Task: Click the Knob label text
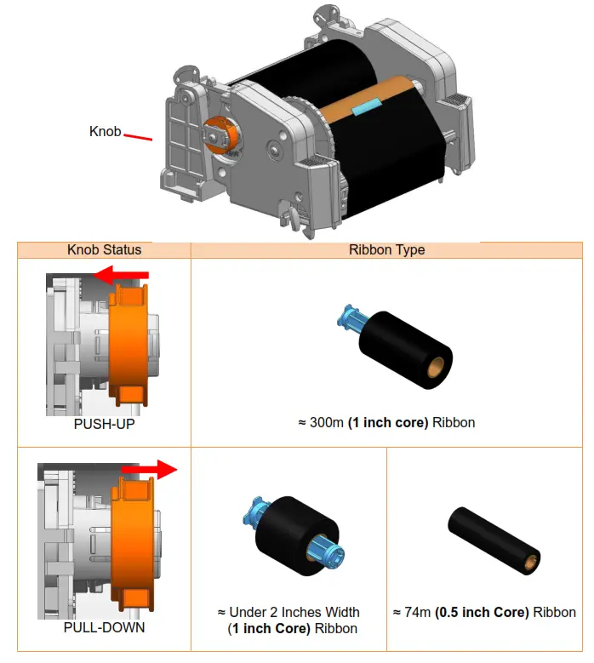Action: click(x=105, y=132)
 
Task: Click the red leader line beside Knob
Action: click(x=138, y=136)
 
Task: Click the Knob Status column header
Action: click(x=105, y=250)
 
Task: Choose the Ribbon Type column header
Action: click(x=386, y=250)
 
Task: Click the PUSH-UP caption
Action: click(x=105, y=423)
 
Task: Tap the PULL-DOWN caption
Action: click(x=105, y=628)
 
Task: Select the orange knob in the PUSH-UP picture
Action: click(x=129, y=346)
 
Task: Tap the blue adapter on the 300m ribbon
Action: click(x=347, y=318)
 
